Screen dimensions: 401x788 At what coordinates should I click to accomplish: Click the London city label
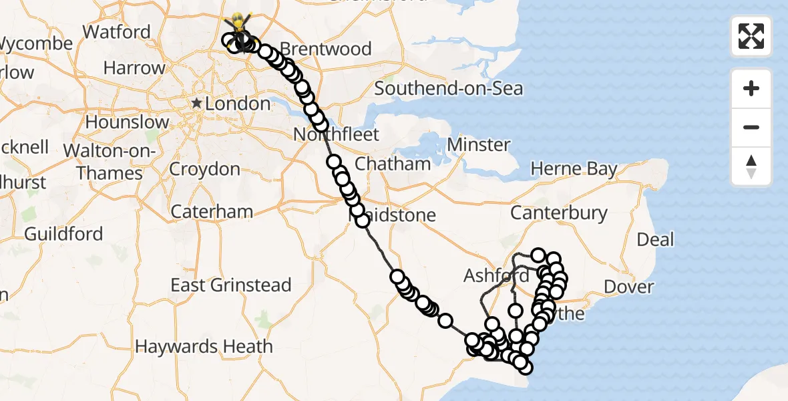(238, 104)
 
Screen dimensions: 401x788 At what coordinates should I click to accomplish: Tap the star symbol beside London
(197, 104)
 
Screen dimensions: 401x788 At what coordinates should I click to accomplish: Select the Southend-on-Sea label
(448, 88)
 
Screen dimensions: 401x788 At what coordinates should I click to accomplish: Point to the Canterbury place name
(559, 214)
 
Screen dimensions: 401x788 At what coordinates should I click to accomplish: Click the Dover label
(628, 287)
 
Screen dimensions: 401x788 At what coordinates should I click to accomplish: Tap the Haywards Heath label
(204, 346)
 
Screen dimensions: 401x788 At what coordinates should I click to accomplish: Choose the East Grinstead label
(230, 285)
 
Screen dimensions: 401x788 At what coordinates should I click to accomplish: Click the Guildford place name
(63, 234)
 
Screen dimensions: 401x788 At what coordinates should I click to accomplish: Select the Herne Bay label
(574, 169)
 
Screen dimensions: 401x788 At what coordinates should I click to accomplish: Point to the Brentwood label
(326, 49)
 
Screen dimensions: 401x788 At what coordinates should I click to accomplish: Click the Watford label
(116, 31)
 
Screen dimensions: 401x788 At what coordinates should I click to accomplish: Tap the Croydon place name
(204, 169)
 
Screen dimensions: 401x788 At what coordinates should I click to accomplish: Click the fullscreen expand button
(751, 36)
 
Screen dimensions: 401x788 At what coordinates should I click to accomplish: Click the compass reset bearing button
(751, 166)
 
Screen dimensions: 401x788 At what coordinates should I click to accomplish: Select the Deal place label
(655, 239)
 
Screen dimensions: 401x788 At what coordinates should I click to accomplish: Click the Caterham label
(212, 212)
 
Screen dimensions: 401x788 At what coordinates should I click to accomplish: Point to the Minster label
(479, 144)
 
